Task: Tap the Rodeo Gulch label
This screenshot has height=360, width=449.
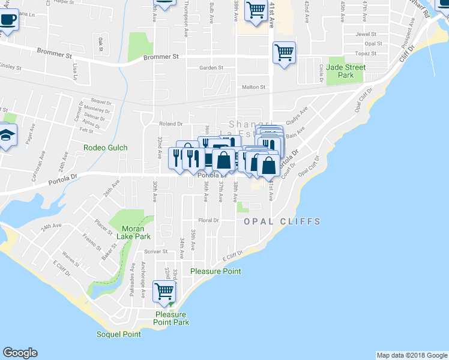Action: point(105,148)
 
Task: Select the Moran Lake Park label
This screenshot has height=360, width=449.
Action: point(136,232)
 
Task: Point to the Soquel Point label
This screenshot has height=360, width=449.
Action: point(119,334)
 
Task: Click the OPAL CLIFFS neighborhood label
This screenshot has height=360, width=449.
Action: point(282,221)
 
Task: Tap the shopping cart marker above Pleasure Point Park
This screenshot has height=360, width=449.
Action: point(164,292)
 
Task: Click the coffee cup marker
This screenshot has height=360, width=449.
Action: point(7,19)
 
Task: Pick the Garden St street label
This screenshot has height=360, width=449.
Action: point(211,68)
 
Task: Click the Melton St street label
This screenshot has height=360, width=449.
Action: point(253,87)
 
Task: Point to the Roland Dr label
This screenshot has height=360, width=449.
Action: point(170,124)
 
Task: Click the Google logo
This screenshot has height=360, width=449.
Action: point(20,353)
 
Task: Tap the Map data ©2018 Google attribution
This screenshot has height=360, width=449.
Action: point(412,355)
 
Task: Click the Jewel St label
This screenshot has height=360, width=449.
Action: point(365,34)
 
